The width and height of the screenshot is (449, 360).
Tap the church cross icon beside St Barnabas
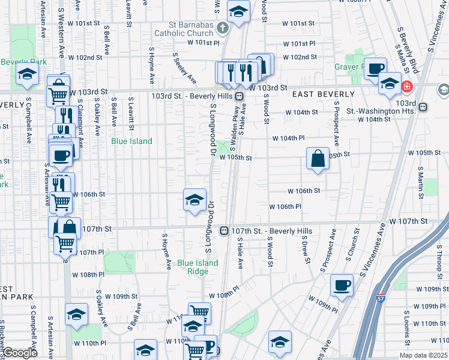tap(221, 28)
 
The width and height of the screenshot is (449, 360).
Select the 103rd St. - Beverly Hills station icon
tap(239, 96)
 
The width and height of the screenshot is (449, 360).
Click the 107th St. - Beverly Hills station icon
tap(223, 230)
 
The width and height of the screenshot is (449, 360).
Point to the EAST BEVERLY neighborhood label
tap(324, 94)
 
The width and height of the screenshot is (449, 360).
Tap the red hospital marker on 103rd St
tap(407, 87)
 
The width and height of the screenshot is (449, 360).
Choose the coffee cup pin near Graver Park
tap(376, 70)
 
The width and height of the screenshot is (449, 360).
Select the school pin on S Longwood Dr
tap(194, 200)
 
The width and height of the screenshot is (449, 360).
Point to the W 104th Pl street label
tap(288, 138)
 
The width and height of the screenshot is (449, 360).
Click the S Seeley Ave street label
tap(185, 68)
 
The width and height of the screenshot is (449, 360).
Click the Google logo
tap(20, 353)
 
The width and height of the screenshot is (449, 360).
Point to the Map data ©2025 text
tap(424, 355)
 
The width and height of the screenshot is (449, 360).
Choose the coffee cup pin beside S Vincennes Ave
tap(342, 284)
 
